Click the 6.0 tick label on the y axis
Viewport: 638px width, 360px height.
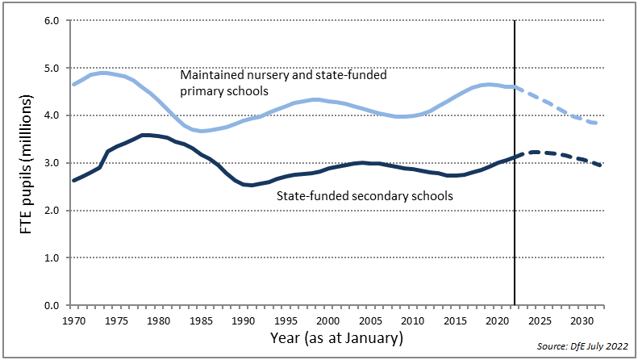coord(52,21)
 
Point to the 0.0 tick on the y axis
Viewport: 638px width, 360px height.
coord(52,306)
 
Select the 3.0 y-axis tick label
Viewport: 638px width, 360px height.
coord(52,163)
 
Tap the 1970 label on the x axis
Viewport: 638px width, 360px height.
coord(73,320)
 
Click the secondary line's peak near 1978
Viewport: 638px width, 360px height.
coord(144,135)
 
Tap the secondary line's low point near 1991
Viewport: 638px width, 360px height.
coord(252,185)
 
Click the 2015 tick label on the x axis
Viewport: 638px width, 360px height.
coord(455,320)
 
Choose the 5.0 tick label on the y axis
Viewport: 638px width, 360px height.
coord(52,69)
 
